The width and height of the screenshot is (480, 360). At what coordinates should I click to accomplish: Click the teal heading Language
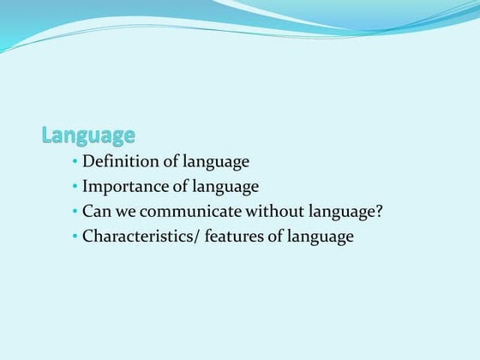[x=88, y=135]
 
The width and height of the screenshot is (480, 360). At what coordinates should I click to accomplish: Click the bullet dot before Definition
[x=75, y=162]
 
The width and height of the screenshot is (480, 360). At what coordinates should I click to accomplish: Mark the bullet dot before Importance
[x=75, y=187]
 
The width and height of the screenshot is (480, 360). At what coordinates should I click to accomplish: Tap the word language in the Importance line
[x=220, y=187]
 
